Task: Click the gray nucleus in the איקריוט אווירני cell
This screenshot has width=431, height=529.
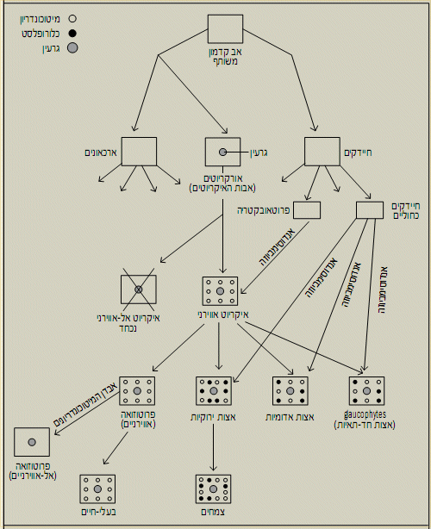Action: tap(220, 291)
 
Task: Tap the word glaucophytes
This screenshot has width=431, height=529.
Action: tap(365, 414)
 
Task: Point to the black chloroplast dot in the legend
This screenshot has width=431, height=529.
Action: tap(72, 34)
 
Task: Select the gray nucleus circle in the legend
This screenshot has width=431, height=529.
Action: tap(72, 48)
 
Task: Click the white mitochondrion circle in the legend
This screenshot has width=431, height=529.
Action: tap(72, 19)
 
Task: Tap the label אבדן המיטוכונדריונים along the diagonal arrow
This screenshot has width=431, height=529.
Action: tap(85, 402)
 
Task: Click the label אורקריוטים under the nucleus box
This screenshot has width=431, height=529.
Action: tap(223, 178)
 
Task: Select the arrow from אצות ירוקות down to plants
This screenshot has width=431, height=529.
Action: tap(213, 447)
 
